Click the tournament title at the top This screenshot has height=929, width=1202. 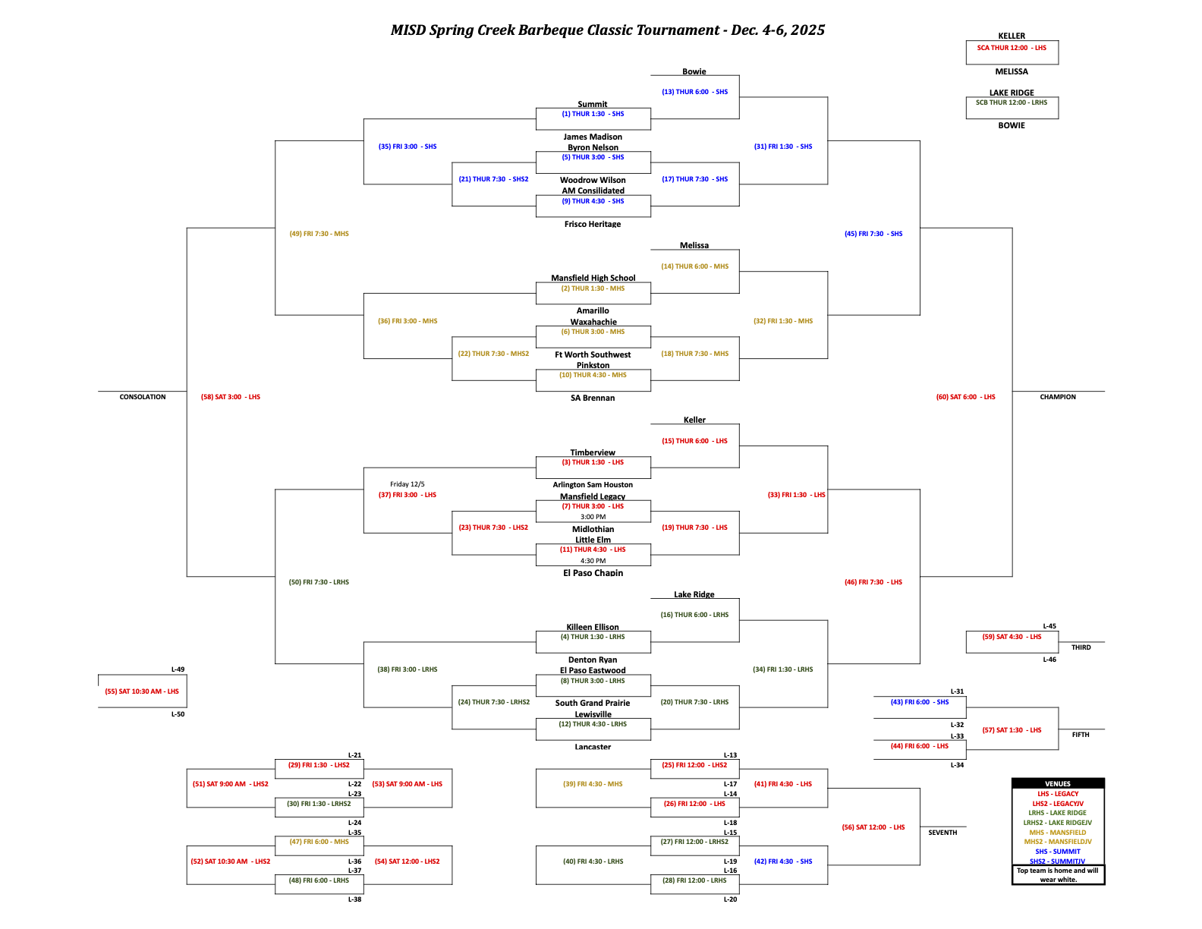pos(607,30)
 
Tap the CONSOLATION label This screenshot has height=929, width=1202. pos(143,397)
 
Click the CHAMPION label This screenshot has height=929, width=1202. pos(1058,397)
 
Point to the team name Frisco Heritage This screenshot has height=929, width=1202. pos(593,224)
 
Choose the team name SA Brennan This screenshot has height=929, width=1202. pos(593,398)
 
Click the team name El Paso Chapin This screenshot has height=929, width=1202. pos(593,573)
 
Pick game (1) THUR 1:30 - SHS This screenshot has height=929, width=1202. pos(593,114)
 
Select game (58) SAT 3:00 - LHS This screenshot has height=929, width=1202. pos(231,397)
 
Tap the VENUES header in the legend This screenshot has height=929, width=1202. pos(1058,784)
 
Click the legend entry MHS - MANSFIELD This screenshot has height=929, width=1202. pos(1058,833)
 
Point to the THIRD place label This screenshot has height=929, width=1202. pos(1081,647)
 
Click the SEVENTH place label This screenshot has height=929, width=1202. pos(942,833)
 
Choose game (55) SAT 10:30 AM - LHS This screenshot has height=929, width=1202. pos(142,691)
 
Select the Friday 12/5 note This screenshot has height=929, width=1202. pos(407,484)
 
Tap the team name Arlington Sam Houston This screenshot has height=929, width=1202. pos(593,485)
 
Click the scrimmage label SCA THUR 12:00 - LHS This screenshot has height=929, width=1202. pos(1012,48)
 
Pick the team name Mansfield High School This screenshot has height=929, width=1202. pos(593,278)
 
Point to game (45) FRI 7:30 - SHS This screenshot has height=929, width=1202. pos(873,234)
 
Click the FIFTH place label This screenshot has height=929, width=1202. pos(1081,735)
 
